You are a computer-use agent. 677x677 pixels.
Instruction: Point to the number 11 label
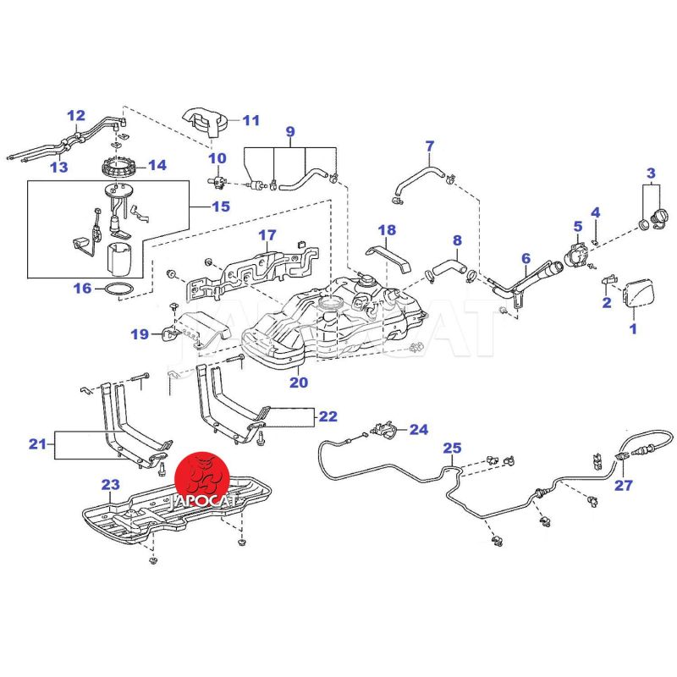pos(250,120)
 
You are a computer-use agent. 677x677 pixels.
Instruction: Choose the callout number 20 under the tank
pos(298,382)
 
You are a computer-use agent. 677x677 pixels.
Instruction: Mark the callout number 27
pos(624,486)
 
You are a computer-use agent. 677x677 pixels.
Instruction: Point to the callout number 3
pos(651,174)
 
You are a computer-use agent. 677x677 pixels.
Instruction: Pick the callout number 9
pos(289,131)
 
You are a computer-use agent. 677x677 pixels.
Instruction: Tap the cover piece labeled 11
pos(206,123)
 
